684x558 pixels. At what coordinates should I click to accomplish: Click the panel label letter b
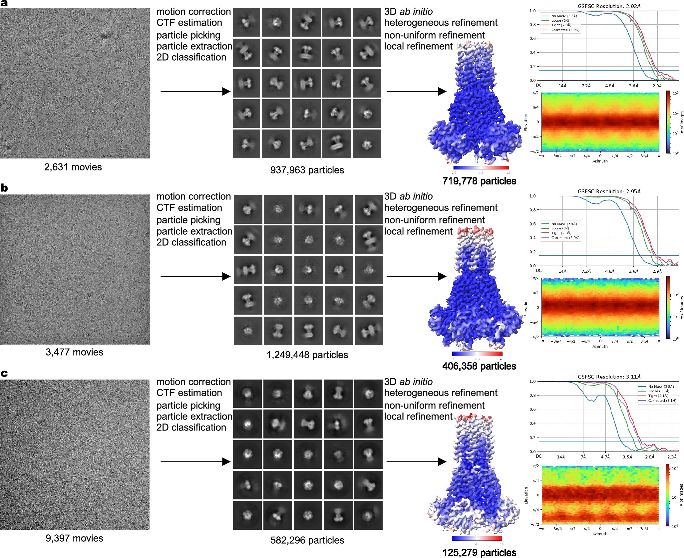pos(4,188)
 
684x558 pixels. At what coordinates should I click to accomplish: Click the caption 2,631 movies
pos(73,167)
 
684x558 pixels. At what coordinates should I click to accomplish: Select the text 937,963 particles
pos(307,170)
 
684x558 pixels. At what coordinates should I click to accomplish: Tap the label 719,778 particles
pos(479,181)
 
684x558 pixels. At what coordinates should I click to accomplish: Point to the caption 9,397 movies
pos(74,538)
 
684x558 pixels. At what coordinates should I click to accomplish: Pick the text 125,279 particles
pos(479,553)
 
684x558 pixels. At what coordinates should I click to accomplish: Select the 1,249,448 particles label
pos(307,355)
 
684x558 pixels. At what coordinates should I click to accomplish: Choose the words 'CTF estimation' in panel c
pos(189,393)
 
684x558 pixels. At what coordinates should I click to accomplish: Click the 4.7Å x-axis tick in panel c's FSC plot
pos(605,457)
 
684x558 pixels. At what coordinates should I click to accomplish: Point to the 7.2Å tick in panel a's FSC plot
pos(586,86)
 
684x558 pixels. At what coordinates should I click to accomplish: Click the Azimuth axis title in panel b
pos(600,347)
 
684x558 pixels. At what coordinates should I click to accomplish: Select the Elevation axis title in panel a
pos(526,122)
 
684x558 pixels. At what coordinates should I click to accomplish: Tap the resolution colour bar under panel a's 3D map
pos(481,168)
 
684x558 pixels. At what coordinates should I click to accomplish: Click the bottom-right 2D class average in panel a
pos(367,144)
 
